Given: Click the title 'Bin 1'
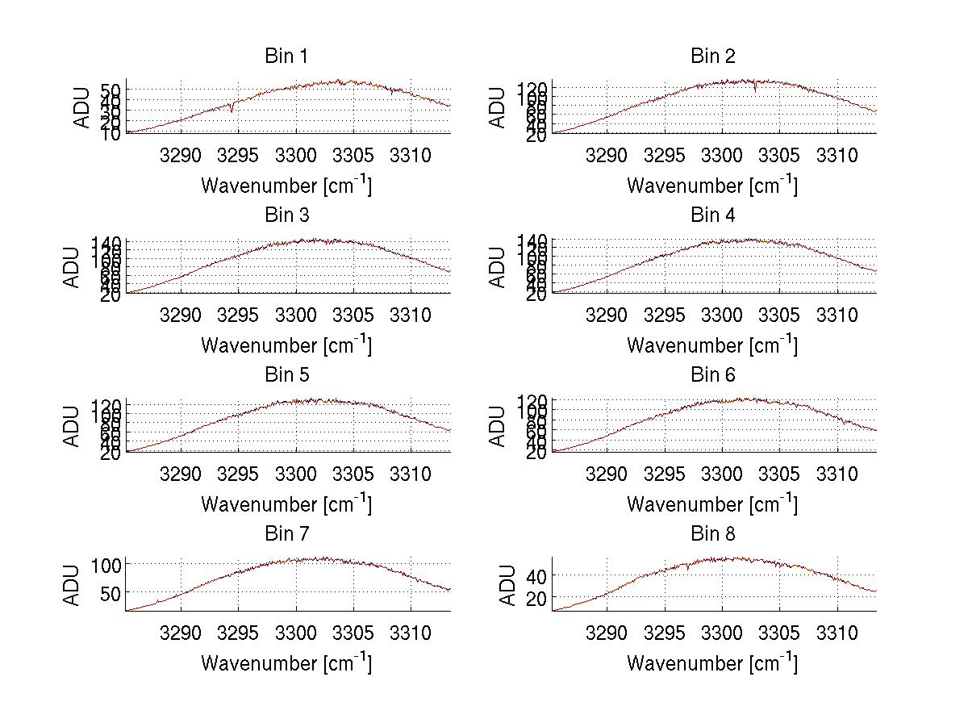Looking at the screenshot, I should pos(286,56).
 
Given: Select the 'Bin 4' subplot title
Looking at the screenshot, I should pos(713,215).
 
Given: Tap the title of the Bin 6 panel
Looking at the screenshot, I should pos(713,375).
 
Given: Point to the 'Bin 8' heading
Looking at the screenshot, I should pos(713,534).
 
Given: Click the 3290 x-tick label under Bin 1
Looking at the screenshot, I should pos(181,154).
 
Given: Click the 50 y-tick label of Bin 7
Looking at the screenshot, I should pos(112,592).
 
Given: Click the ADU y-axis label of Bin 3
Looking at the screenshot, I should pos(73,267).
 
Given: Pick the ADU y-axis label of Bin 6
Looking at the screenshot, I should pos(499,426).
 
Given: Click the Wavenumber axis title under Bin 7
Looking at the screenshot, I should pos(286,663).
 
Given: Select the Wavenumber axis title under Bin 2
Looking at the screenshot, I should pos(712,186).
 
